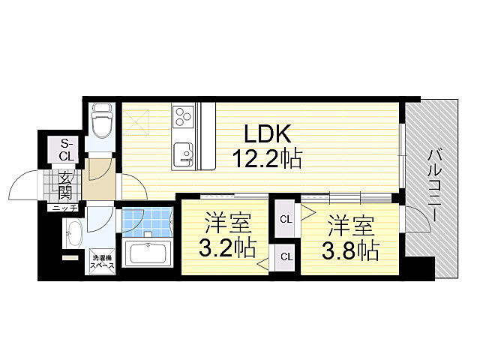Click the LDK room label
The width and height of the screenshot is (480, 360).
point(267,134)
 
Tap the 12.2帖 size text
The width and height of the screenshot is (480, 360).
point(267,158)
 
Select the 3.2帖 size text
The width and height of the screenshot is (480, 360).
point(227,248)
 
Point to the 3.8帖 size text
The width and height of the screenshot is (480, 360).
point(350,250)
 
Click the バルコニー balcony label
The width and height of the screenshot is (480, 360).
point(434,185)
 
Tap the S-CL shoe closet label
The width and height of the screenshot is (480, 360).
point(67,150)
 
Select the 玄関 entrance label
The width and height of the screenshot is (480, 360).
point(65,185)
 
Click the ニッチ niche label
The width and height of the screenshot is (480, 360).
point(65,208)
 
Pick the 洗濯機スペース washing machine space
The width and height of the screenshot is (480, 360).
point(103,262)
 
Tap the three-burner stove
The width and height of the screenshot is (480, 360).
point(183,117)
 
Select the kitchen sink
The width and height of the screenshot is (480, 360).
point(183,153)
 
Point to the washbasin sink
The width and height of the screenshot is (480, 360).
point(73,233)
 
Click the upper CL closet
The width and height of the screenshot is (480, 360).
point(285,219)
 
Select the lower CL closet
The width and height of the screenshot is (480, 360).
point(285,256)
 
